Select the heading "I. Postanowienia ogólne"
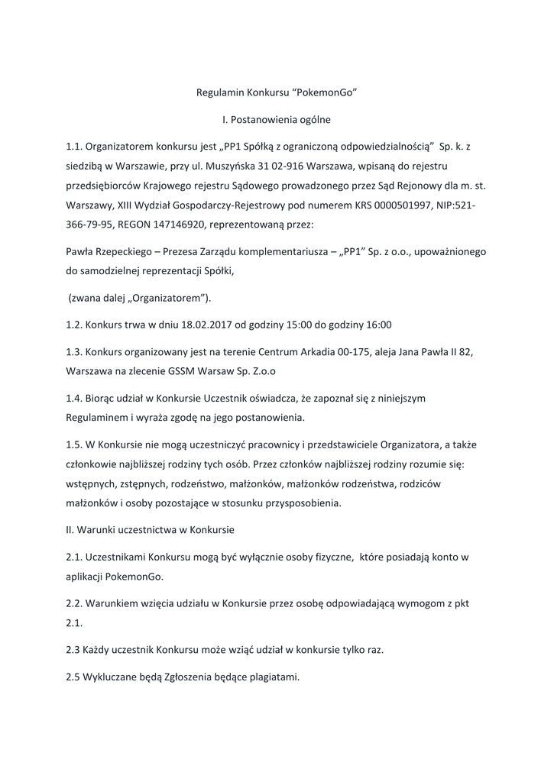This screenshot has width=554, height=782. click(x=276, y=119)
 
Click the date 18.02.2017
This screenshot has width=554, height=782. click(x=204, y=324)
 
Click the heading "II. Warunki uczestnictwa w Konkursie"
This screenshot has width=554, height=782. click(x=151, y=529)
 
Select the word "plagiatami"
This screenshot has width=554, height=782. click(x=270, y=675)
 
